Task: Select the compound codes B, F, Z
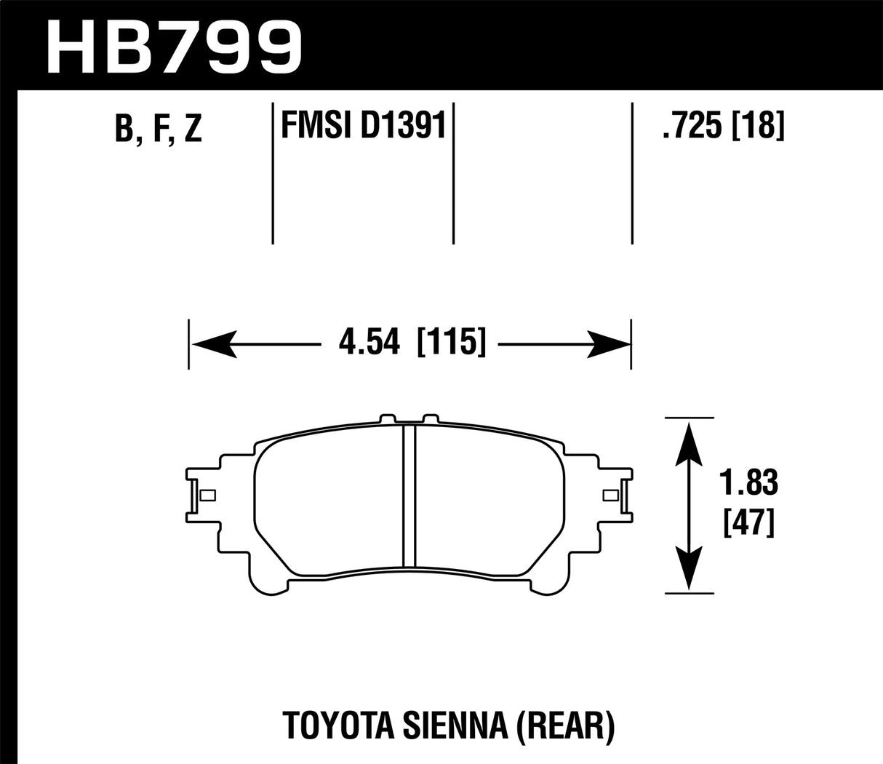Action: tap(157, 129)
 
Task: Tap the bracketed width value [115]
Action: tap(450, 341)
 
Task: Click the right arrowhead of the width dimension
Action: tap(608, 341)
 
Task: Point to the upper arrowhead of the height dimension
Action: tap(688, 444)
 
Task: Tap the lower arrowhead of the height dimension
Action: tap(688, 568)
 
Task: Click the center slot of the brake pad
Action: tap(409, 496)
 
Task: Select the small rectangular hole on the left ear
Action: tap(207, 496)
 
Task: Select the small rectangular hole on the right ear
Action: tap(611, 496)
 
